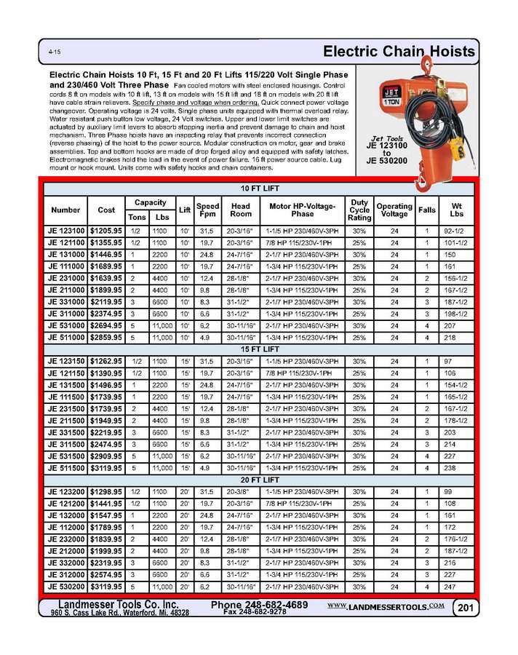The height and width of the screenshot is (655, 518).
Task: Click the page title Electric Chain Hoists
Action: pos(399,52)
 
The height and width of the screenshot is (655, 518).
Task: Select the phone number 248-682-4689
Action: pos(260,606)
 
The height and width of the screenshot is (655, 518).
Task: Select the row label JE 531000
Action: pos(66,326)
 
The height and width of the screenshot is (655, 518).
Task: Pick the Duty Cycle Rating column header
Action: pos(359,210)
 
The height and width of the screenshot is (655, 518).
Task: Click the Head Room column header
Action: pos(241,210)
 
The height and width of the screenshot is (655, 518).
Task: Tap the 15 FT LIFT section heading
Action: pos(259,349)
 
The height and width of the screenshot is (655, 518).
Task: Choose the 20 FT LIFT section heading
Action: pos(259,480)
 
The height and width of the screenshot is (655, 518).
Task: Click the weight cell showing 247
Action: pos(456,587)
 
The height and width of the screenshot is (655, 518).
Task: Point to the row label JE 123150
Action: pos(66,362)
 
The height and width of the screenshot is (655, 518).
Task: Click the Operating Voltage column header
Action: pos(394,210)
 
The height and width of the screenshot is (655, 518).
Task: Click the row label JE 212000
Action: pos(66,551)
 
